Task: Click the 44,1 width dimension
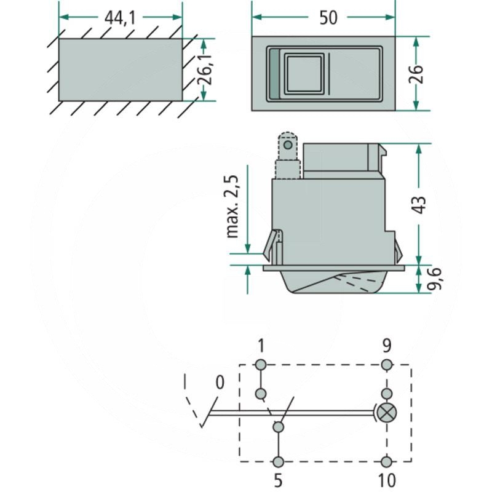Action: pyautogui.click(x=120, y=18)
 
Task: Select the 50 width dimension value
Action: pyautogui.click(x=328, y=18)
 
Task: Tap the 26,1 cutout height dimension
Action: pyautogui.click(x=205, y=69)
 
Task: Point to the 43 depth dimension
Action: pyautogui.click(x=419, y=205)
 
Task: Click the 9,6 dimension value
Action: pyautogui.click(x=435, y=279)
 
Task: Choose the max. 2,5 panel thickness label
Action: pyautogui.click(x=232, y=207)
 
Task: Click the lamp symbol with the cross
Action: pyautogui.click(x=387, y=413)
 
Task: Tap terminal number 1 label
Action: pyautogui.click(x=261, y=346)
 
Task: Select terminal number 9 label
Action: pyautogui.click(x=387, y=346)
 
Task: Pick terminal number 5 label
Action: pyautogui.click(x=278, y=480)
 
